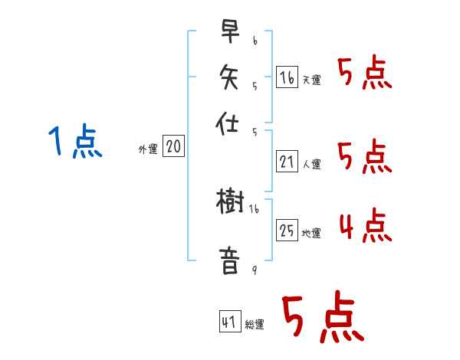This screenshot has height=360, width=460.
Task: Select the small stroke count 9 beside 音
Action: pyautogui.click(x=254, y=269)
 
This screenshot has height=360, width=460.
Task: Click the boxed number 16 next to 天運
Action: pyautogui.click(x=287, y=77)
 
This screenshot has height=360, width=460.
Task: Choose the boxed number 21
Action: pyautogui.click(x=287, y=161)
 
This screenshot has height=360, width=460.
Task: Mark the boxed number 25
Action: pyautogui.click(x=287, y=230)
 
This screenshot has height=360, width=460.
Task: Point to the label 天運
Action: pyautogui.click(x=311, y=80)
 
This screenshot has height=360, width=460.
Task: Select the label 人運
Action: pyautogui.click(x=311, y=164)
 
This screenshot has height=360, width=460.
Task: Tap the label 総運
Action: pyautogui.click(x=255, y=325)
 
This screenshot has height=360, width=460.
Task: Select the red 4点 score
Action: pyautogui.click(x=365, y=226)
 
